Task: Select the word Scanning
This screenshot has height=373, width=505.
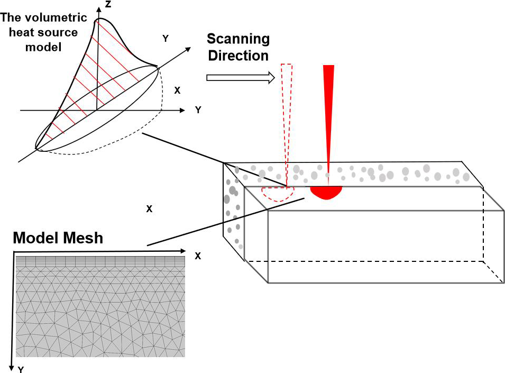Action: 238,39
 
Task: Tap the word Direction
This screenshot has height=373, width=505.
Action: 238,55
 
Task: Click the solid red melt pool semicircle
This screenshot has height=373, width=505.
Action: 326,192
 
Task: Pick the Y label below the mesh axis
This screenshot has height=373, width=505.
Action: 21,369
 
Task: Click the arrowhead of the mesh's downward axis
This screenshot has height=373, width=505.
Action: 11,365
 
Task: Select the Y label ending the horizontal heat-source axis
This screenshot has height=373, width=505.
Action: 198,110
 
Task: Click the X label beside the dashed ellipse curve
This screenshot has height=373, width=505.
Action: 177,90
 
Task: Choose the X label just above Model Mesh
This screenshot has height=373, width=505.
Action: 149,209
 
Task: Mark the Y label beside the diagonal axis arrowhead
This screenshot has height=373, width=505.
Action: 166,38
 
